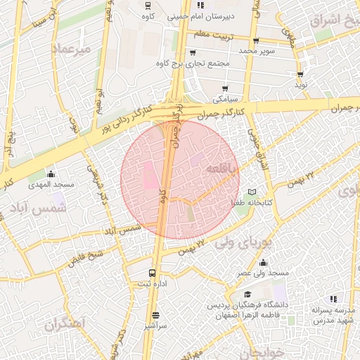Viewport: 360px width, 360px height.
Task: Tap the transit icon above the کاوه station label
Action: pos(148,5)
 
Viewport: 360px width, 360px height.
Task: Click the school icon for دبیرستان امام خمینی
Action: pos(200,5)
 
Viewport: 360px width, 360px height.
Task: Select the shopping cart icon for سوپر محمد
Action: pos(255,41)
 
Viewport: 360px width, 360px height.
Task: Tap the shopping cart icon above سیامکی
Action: pos(225,89)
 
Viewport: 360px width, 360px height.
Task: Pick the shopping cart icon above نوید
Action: pos(301,74)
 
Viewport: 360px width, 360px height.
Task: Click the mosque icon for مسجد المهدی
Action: pos(51,174)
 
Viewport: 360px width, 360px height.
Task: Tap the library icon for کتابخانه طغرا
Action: pos(252,192)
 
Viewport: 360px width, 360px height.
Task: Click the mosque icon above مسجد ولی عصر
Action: pos(263,263)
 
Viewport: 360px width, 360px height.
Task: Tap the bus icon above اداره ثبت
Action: pos(152,273)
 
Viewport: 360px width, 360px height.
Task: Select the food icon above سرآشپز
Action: pos(155,316)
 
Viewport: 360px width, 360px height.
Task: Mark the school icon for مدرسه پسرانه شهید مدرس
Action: pos(333,299)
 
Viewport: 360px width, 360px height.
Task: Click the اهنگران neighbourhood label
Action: pos(65,325)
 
